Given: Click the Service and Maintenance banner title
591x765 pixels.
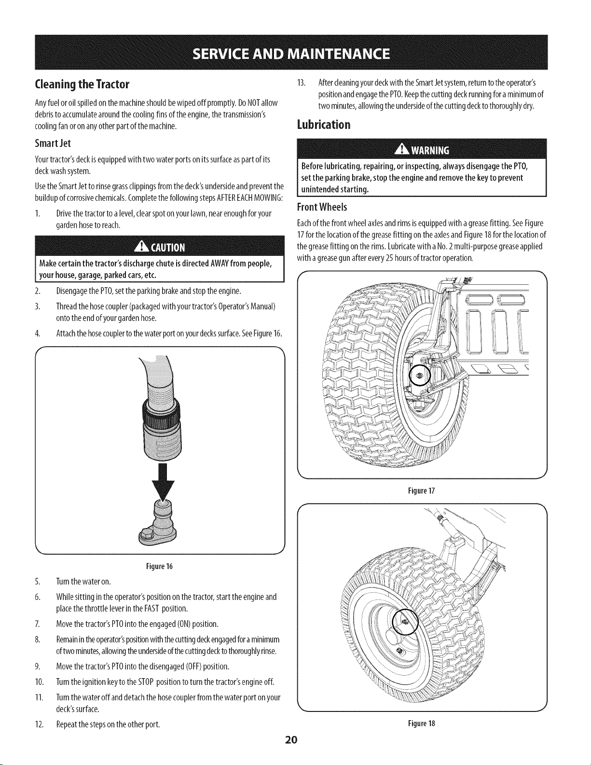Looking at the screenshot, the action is point(291,54).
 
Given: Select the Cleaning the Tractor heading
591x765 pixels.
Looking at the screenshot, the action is point(82,84).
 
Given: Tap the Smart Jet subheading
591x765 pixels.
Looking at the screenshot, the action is point(53,143).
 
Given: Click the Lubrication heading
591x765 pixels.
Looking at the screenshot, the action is point(324,124).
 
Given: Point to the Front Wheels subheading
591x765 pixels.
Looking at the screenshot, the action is point(322,207).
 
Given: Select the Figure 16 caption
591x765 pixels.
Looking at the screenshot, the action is point(159,567).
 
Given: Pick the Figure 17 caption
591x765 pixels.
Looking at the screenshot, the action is point(422,491).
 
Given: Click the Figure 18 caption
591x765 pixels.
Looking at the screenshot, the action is point(422,723).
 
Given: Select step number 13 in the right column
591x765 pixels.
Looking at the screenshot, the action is point(302,83).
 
